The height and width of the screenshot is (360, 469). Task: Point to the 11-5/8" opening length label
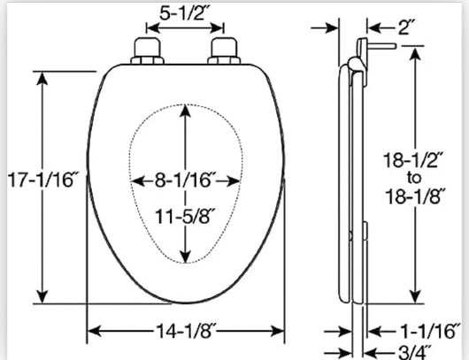click(x=185, y=216)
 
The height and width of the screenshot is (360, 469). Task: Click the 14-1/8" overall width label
click(x=186, y=331)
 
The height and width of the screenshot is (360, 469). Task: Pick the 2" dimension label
click(x=406, y=27)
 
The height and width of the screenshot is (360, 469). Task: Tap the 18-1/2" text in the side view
click(x=415, y=160)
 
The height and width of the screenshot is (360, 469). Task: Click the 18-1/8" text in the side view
click(x=416, y=196)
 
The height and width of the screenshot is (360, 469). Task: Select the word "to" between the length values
click(x=414, y=179)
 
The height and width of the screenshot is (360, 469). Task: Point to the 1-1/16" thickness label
click(x=429, y=331)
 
